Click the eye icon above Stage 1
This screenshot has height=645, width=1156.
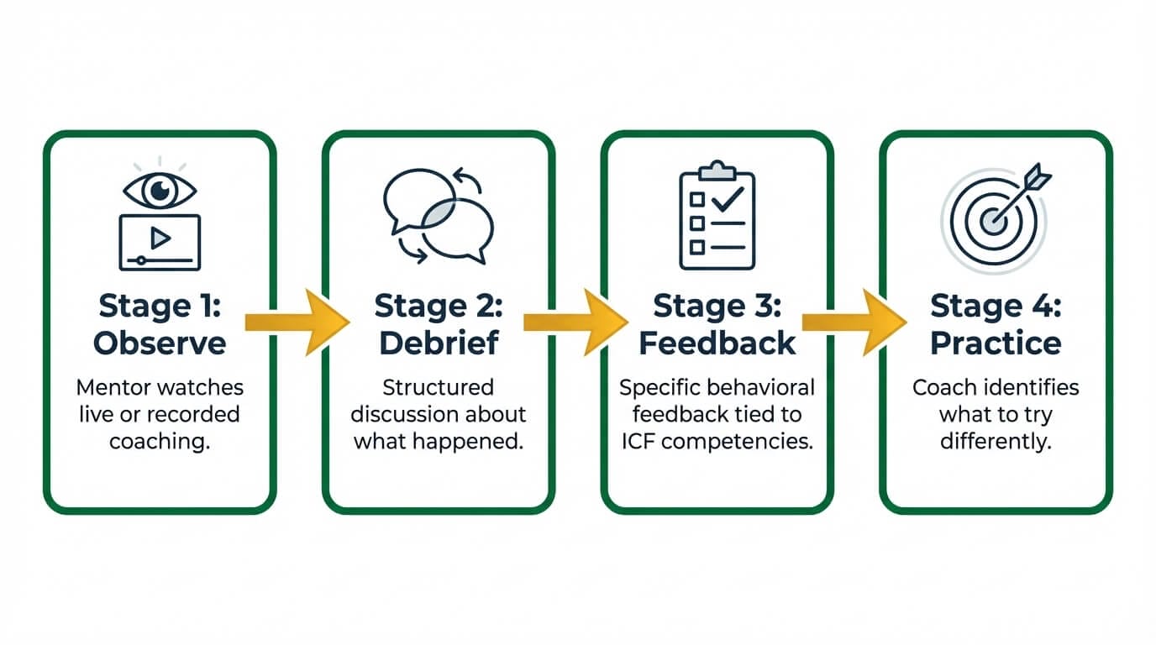click(x=160, y=191)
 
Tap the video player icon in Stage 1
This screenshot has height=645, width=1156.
click(x=160, y=242)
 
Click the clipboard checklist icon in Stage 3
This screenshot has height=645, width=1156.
click(x=717, y=216)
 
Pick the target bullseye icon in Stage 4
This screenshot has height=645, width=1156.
click(x=994, y=216)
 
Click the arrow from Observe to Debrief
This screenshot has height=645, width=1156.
click(x=297, y=322)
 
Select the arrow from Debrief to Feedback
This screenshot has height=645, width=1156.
click(x=575, y=322)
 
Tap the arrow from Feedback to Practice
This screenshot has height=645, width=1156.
click(x=854, y=322)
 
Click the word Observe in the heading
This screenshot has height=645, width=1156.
click(x=160, y=343)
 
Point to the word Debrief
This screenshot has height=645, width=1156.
click(x=438, y=343)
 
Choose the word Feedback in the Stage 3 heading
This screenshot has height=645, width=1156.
click(x=717, y=343)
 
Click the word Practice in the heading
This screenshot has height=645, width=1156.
click(x=996, y=343)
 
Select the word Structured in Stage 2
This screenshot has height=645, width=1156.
click(x=438, y=387)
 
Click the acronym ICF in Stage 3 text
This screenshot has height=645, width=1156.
click(x=639, y=441)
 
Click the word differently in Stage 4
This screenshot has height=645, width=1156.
click(x=996, y=441)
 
